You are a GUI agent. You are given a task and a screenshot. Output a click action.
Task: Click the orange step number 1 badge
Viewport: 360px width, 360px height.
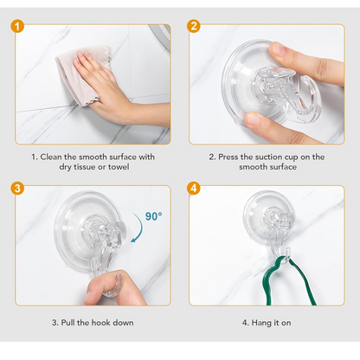pyautogui.click(x=18, y=27)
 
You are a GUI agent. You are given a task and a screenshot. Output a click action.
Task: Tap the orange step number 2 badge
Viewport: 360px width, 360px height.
pyautogui.click(x=194, y=27)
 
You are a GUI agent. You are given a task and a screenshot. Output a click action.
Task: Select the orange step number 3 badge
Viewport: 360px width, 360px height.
pyautogui.click(x=18, y=189)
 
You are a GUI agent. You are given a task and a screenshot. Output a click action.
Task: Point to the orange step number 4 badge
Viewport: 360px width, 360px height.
pyautogui.click(x=194, y=189)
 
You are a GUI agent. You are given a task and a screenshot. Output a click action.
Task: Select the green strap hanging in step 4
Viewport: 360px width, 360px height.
pyautogui.click(x=260, y=277)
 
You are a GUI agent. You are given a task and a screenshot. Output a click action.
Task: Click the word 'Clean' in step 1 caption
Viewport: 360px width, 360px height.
pyautogui.click(x=55, y=157)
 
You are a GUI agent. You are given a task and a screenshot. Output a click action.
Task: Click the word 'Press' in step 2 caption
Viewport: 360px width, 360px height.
pyautogui.click(x=233, y=157)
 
